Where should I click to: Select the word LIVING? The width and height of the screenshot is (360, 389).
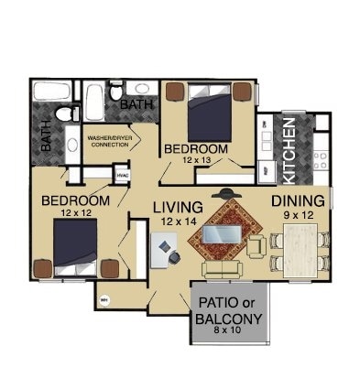(178, 206)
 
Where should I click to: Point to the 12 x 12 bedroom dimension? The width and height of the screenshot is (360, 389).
(78, 212)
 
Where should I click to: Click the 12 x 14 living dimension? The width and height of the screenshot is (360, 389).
(179, 221)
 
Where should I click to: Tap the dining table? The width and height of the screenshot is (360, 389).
(300, 249)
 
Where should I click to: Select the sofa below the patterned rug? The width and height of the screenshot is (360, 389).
(221, 270)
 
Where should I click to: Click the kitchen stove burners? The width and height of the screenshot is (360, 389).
(320, 161)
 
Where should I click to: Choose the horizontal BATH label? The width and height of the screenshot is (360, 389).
(136, 105)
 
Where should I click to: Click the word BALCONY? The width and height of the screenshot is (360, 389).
(229, 319)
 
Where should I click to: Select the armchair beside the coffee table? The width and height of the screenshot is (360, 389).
(257, 244)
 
